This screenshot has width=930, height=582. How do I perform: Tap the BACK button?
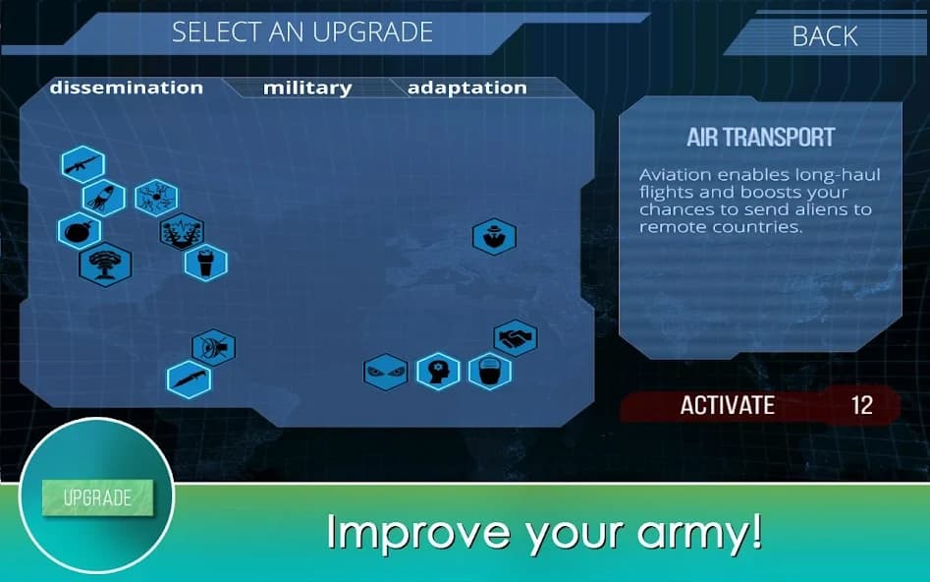824,36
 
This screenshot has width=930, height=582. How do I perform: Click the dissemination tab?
126,87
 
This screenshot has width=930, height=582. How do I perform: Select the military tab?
306,87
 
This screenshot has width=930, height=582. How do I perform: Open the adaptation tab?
466,87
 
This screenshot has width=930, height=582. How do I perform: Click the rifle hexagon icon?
82,165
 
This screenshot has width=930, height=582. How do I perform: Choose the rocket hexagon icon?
103,199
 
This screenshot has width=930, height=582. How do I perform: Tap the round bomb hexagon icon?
80,232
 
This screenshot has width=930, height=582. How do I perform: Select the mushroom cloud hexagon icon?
104,263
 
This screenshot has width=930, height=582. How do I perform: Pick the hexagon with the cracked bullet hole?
156,197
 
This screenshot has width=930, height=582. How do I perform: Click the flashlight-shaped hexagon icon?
206,262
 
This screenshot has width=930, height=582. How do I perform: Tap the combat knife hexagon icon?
189,379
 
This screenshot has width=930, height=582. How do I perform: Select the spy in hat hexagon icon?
494,236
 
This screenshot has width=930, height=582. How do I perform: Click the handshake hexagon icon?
515,338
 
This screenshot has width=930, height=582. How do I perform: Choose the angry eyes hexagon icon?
385,373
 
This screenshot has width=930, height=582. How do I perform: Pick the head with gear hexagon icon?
438,372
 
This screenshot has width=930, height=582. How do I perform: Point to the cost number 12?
861,405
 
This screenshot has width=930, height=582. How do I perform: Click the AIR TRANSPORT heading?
760,137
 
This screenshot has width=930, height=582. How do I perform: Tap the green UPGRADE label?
97,497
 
